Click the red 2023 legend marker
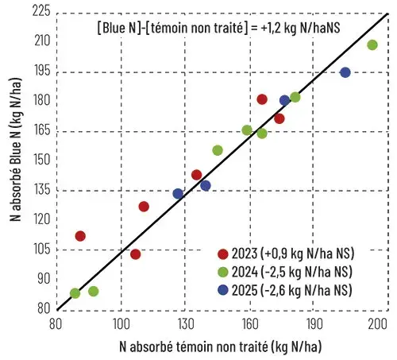pos(224,254)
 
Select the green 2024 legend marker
pos(224,272)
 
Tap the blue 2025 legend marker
pos(224,290)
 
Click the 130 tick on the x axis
pos(185,325)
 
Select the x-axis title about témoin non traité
pos(219,346)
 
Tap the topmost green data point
pos(372,45)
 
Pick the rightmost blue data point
pos(345,72)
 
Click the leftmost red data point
pos(80,236)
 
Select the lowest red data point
pos(136,254)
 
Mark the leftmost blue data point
pos(178,194)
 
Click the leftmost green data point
pos(75,293)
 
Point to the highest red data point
pos(262,99)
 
